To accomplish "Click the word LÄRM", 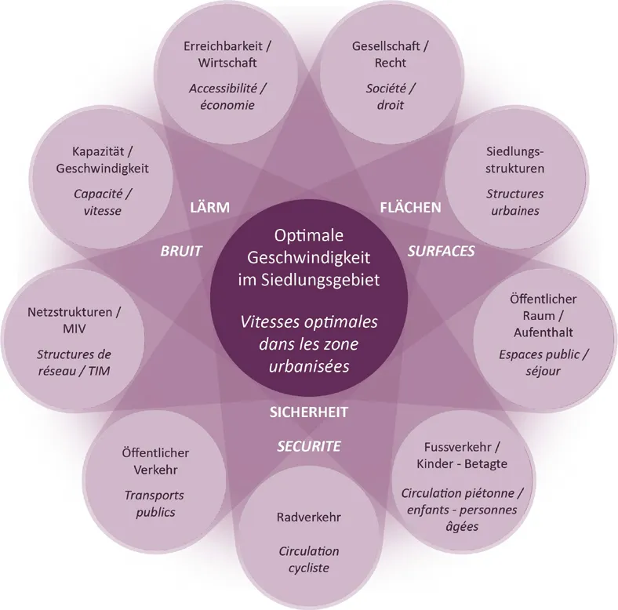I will point(209,208).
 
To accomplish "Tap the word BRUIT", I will point(182,252).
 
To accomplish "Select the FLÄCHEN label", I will point(410,208).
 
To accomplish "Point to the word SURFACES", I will point(441,252).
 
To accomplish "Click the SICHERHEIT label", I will point(308,412).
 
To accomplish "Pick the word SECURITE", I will point(308,446).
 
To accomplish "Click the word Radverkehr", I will point(308,518).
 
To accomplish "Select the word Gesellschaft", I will point(386,46).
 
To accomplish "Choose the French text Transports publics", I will point(154,503).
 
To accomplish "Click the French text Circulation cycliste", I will point(308,560).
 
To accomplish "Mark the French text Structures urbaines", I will point(514,202).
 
